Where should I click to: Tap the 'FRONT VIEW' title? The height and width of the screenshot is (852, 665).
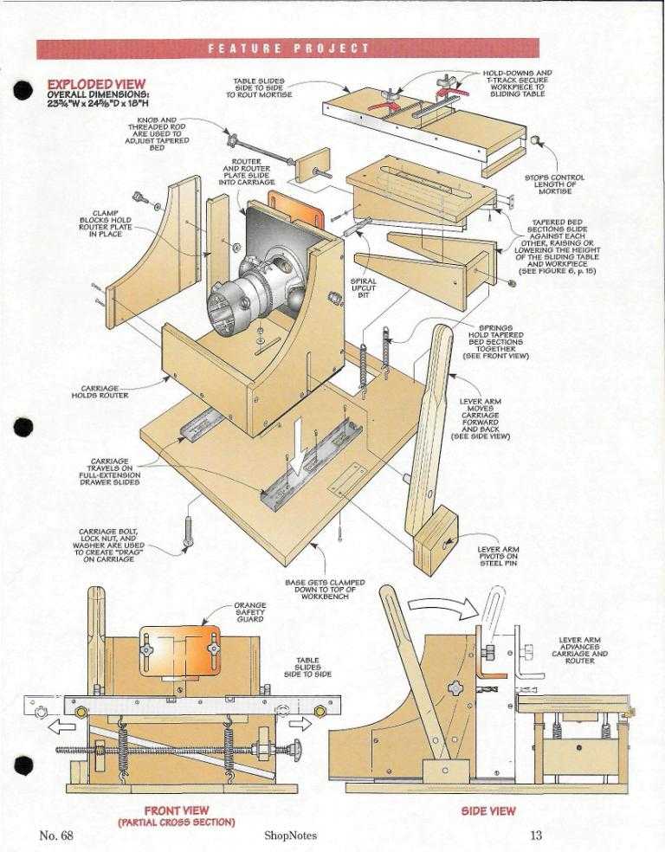[174, 811]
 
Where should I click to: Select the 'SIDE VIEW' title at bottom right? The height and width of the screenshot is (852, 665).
[488, 811]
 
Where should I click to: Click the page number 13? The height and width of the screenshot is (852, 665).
[535, 836]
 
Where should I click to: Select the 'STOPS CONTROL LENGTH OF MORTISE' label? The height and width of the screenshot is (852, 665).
[555, 184]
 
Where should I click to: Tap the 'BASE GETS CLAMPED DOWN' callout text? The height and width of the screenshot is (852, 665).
[325, 590]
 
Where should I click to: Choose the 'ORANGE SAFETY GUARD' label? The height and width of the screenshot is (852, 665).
[250, 612]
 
